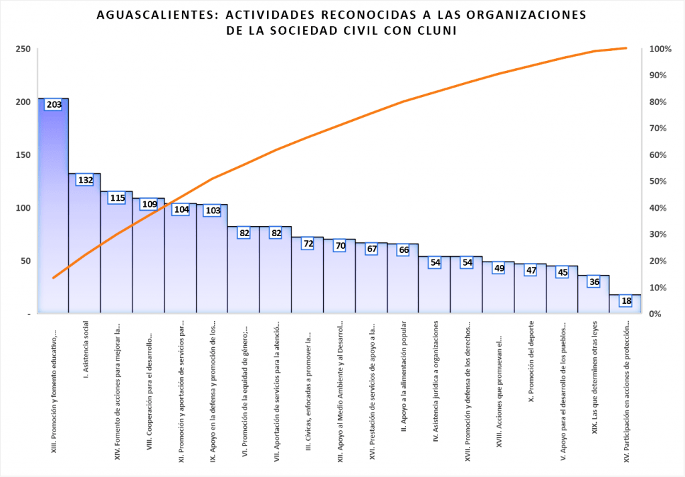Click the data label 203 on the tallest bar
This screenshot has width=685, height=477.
pyautogui.click(x=54, y=105)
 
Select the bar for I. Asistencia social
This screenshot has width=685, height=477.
pyautogui.click(x=85, y=248)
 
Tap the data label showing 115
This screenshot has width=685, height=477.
pyautogui.click(x=117, y=198)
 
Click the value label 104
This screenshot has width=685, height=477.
pyautogui.click(x=181, y=209)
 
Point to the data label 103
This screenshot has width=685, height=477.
pyautogui.click(x=212, y=211)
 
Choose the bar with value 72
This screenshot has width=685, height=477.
pyautogui.click(x=308, y=278)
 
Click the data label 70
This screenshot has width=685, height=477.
pyautogui.click(x=340, y=246)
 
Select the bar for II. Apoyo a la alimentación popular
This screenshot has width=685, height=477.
pyautogui.click(x=403, y=281)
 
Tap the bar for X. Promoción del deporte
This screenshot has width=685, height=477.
pyautogui.click(x=530, y=291)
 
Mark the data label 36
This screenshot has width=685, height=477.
pyautogui.click(x=593, y=282)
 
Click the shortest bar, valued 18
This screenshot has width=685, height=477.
pyautogui.click(x=625, y=304)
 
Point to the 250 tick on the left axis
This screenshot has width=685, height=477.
pyautogui.click(x=23, y=49)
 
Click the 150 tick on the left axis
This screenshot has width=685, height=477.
pyautogui.click(x=23, y=155)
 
